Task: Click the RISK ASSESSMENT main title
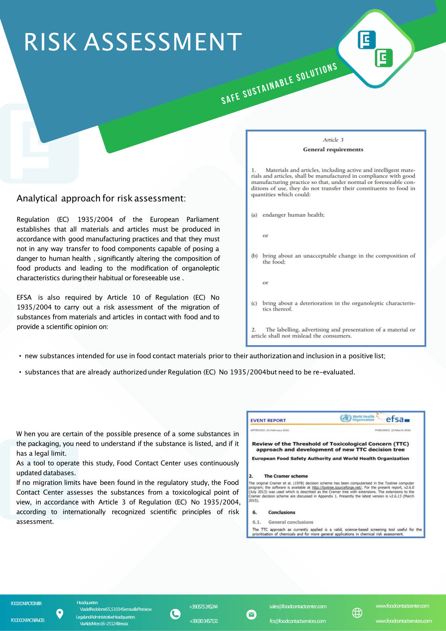point(133,42)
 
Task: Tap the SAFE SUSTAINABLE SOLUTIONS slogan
point(279,84)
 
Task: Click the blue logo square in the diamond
point(366,40)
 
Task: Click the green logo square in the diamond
point(384,58)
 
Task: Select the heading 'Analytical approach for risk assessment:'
point(101,198)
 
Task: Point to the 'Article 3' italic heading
point(333,140)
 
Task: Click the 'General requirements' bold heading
point(333,149)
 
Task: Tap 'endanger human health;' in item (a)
point(293,215)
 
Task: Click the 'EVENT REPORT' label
point(268,421)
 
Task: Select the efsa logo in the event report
point(396,419)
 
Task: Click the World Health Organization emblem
point(346,418)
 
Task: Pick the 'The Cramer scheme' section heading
point(286,476)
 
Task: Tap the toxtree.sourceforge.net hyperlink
point(336,488)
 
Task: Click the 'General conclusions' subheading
point(291,522)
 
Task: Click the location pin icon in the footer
point(59,614)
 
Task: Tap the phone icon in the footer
point(175,614)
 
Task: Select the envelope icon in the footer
point(251,615)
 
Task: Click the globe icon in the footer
point(357,613)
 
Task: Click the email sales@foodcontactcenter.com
point(298,606)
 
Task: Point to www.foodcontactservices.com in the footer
point(404,621)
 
